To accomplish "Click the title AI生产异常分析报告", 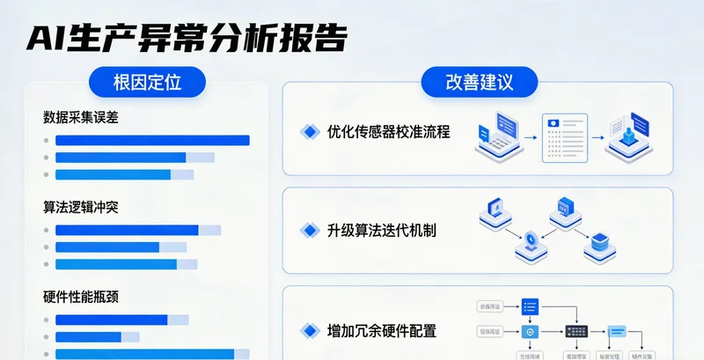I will [186, 38].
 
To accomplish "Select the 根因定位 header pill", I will [147, 84].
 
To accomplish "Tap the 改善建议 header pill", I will [480, 84].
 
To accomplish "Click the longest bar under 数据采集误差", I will [152, 140].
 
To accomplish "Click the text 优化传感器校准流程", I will [388, 132].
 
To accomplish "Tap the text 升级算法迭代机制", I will [381, 231].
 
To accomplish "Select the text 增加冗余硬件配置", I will [381, 331].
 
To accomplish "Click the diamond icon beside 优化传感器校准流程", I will [309, 132].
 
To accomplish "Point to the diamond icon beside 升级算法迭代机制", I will [309, 231].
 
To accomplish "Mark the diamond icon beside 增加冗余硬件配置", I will [309, 331].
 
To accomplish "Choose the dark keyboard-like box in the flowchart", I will [576, 331].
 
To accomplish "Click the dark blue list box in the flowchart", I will [529, 306].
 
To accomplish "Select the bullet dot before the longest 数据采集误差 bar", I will [46, 141].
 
